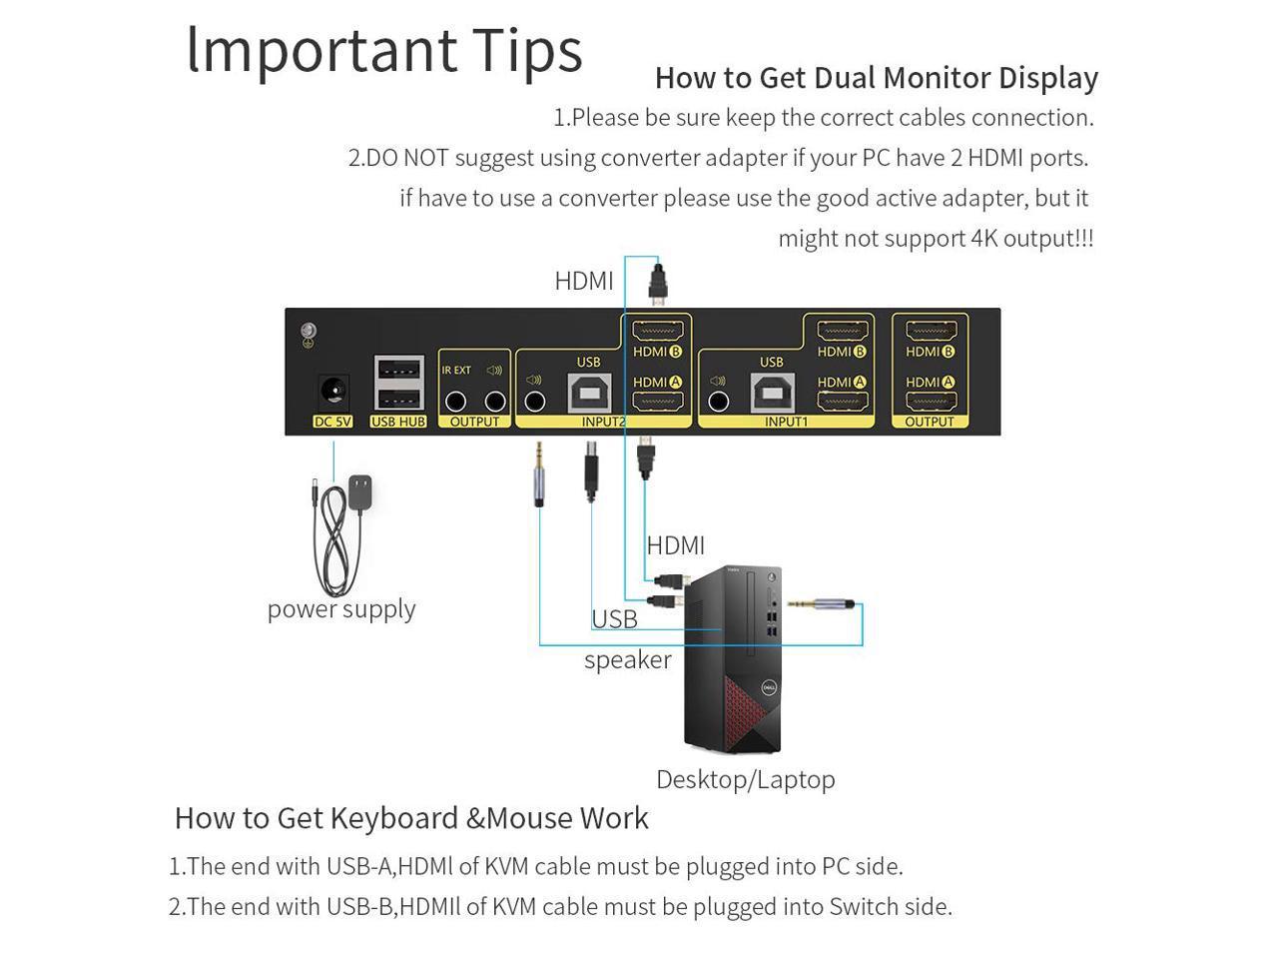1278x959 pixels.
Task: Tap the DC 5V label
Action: tap(332, 422)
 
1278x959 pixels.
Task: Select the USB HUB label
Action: tap(398, 422)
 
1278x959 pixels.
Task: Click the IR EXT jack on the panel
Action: tap(455, 402)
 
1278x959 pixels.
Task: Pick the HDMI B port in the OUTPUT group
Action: tap(931, 332)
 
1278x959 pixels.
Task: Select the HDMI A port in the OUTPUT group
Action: tap(931, 402)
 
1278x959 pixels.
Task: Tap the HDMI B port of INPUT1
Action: tap(842, 332)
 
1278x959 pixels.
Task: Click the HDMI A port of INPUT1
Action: tap(842, 402)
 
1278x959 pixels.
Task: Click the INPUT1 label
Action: tap(786, 422)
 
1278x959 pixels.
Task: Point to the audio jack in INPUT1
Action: tap(719, 402)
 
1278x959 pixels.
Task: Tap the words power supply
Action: tap(341, 609)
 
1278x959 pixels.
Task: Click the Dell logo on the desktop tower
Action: tap(769, 688)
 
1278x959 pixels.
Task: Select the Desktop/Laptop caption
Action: tap(745, 779)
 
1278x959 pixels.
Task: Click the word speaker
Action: tap(628, 660)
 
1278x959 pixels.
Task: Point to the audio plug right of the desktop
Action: tap(825, 604)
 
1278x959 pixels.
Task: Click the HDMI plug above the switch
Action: tap(658, 285)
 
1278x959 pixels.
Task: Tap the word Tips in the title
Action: tap(527, 51)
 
